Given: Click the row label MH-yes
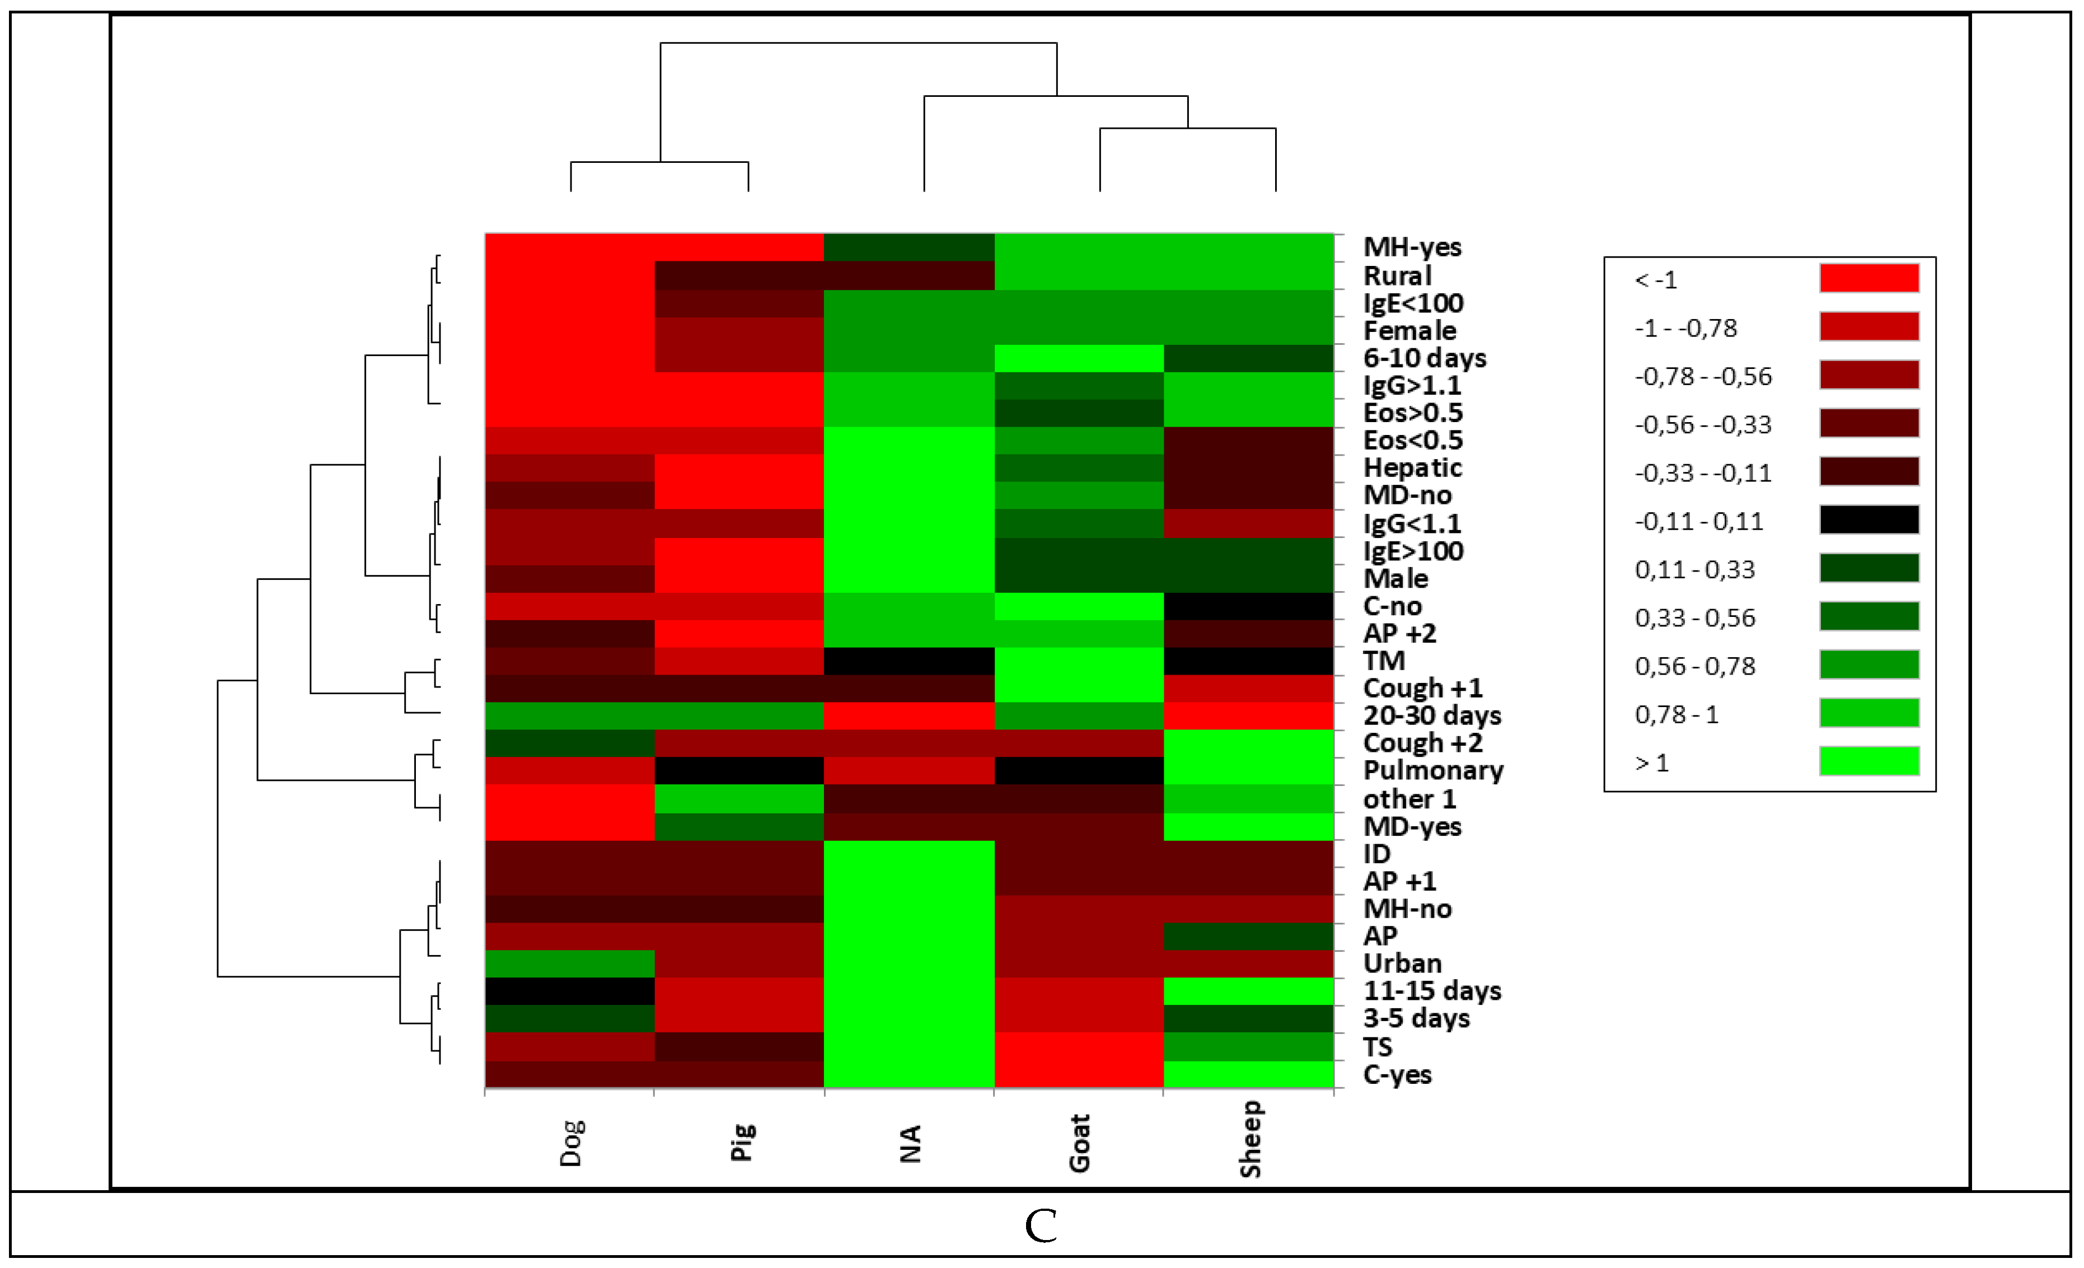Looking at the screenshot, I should (1412, 247).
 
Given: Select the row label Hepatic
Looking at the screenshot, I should (1412, 468).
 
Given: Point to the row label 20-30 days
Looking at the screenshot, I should (1432, 715).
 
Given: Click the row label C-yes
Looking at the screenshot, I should (1397, 1075).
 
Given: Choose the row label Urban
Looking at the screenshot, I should (1402, 963).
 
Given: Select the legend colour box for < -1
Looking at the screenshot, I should (1869, 278).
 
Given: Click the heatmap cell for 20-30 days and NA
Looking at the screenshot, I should (909, 715).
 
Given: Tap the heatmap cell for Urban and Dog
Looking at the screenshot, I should (569, 963).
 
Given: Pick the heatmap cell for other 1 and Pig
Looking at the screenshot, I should (739, 798).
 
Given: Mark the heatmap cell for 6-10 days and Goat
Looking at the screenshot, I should (1078, 358).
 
